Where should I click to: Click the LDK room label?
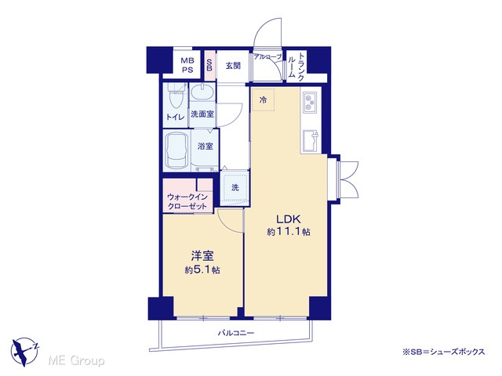click(x=289, y=219)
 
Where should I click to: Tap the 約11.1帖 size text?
click(x=289, y=232)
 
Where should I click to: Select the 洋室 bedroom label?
click(x=202, y=257)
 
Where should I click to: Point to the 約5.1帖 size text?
click(x=202, y=270)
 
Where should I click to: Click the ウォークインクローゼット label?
click(x=187, y=202)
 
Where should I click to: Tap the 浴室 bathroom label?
click(x=205, y=146)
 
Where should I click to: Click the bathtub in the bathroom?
click(x=176, y=150)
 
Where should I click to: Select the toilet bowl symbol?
click(x=175, y=97)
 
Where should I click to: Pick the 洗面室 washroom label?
click(x=202, y=114)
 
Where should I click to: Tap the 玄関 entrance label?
click(x=233, y=66)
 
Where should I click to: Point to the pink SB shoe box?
click(x=209, y=66)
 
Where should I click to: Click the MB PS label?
click(x=187, y=65)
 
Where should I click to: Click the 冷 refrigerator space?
click(x=263, y=99)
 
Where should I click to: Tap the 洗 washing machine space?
click(x=235, y=188)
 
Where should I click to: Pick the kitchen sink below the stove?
click(x=311, y=141)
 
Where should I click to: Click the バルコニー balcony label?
click(x=236, y=333)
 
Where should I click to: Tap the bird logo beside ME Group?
click(x=24, y=351)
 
